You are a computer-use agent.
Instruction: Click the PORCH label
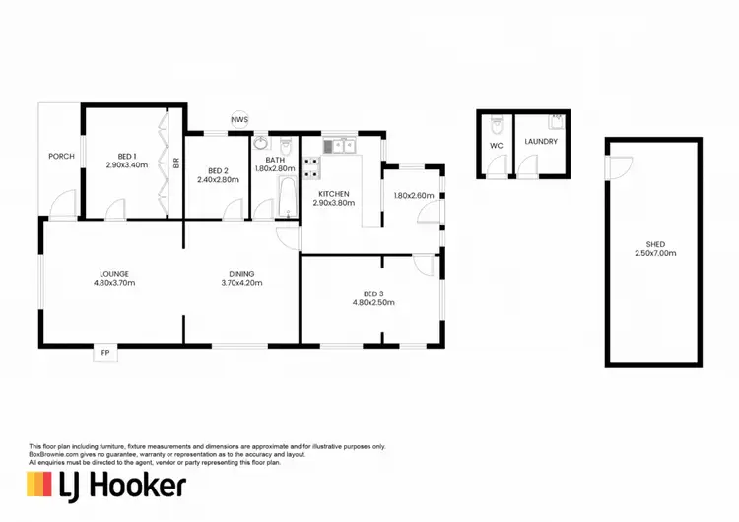tap(62, 156)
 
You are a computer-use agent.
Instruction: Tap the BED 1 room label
tap(126, 156)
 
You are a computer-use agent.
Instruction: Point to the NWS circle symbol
tap(239, 120)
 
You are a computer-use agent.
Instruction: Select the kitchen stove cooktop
tap(311, 166)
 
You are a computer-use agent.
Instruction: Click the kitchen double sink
tap(344, 146)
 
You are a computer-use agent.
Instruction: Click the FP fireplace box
tap(105, 352)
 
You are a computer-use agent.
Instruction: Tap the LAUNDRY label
tap(541, 141)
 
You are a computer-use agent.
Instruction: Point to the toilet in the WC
tap(498, 125)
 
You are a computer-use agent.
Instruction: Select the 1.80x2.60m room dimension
tap(414, 195)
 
